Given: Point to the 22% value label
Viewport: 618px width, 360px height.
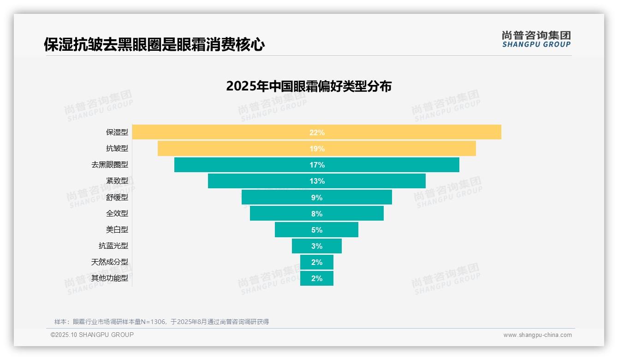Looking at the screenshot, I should [317, 132].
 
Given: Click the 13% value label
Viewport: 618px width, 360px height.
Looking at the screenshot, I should [317, 181].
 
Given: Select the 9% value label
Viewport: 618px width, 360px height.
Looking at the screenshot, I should [317, 198].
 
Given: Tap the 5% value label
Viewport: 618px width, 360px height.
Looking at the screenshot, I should [317, 230].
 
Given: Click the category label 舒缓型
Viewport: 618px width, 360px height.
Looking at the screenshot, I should [117, 197].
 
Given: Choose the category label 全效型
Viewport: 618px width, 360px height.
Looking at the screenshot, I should [117, 213].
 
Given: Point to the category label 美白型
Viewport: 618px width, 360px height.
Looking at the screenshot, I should [117, 229].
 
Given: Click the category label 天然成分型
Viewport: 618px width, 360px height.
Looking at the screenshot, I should [110, 262].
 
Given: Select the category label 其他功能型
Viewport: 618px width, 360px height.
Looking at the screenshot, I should [110, 278].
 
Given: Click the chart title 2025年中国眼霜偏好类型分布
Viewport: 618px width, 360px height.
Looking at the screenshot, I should [309, 86].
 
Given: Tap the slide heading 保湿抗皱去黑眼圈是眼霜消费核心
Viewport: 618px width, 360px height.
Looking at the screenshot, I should [154, 45].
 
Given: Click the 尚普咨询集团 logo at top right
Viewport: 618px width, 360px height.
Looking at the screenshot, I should [536, 39].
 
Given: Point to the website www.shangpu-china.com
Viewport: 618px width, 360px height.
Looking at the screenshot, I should [537, 335].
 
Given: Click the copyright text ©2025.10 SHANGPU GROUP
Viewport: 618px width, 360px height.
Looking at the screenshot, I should [92, 335].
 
